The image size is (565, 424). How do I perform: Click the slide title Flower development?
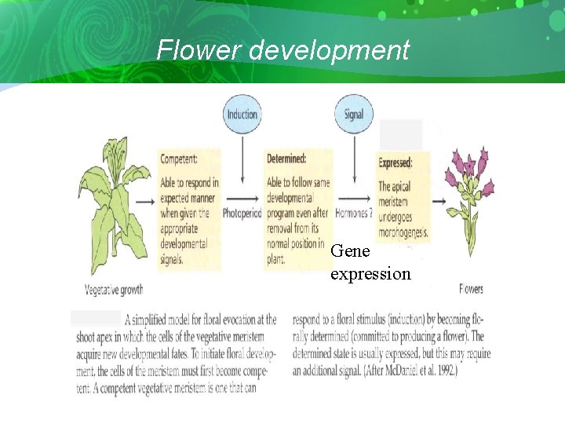[x=282, y=50]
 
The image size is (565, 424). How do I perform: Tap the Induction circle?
[x=242, y=114]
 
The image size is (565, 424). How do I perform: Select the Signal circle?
[x=354, y=114]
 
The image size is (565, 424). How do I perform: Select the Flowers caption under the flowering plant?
[x=471, y=289]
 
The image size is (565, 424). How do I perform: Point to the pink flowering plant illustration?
[x=469, y=196]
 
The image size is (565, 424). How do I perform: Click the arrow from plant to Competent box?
[x=146, y=201]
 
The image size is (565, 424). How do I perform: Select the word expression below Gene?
[x=370, y=273]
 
